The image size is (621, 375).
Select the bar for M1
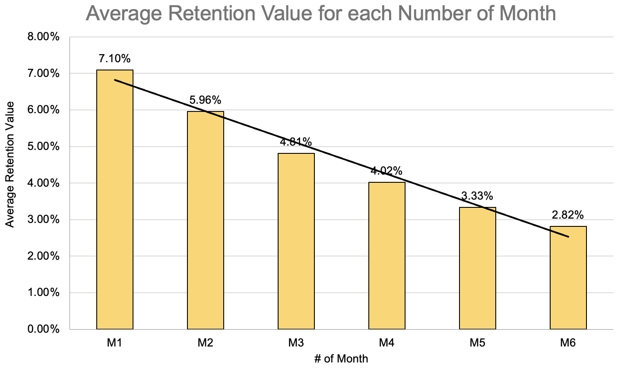coord(115,199)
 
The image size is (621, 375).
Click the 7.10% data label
coord(114,58)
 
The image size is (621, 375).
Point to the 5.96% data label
coord(205,100)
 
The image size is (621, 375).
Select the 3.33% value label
coord(477,196)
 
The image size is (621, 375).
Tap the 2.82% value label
coord(568,215)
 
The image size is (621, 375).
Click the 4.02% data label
coord(387,171)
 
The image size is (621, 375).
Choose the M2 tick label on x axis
coord(205,343)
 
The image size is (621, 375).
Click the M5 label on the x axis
coord(477,343)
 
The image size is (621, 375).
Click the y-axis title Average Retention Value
coord(10,164)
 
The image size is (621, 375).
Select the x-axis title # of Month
coord(341,359)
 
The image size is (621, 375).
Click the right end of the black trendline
coord(568,237)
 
